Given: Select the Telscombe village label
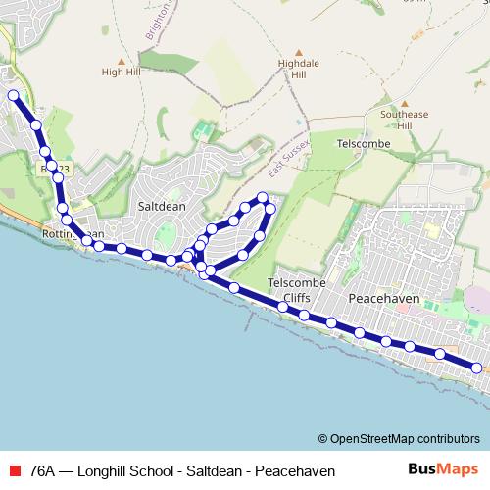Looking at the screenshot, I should pyautogui.click(x=364, y=143).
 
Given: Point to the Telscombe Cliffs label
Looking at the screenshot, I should pyautogui.click(x=289, y=290).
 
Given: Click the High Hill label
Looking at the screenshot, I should pyautogui.click(x=122, y=72).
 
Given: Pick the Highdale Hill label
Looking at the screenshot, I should pyautogui.click(x=293, y=68).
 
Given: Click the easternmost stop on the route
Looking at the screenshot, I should pyautogui.click(x=476, y=367).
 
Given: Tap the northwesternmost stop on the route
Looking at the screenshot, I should pyautogui.click(x=14, y=95).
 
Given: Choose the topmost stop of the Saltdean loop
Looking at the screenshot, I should pyautogui.click(x=263, y=198).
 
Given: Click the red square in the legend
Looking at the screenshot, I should pyautogui.click(x=14, y=471).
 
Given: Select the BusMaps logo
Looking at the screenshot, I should pyautogui.click(x=442, y=470).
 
